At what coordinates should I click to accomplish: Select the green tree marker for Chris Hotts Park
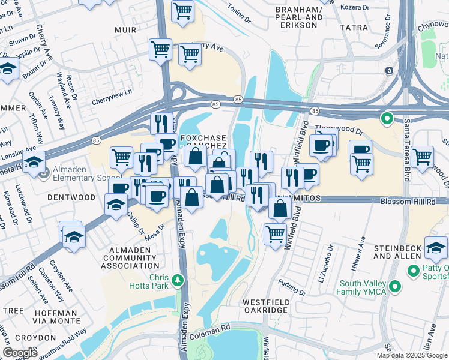[x=177, y=280]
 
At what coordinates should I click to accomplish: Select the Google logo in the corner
[x=20, y=353]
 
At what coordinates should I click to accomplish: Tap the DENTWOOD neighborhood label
[x=73, y=197]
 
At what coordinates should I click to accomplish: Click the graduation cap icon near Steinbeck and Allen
[x=435, y=247]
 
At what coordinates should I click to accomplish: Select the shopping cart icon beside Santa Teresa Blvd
[x=423, y=156]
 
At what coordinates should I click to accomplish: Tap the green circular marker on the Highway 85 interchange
[x=388, y=118]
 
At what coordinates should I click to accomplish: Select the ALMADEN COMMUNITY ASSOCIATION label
[x=131, y=257]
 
